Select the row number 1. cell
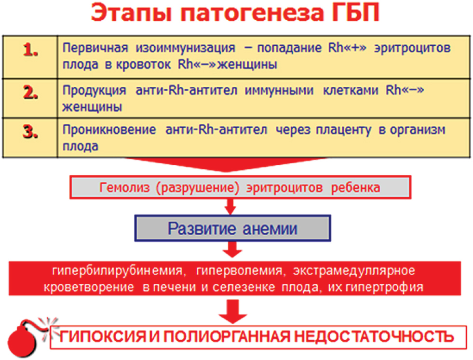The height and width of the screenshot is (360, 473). (30, 57)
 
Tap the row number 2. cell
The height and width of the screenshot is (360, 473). (30, 98)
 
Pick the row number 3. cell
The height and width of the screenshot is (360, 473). (30, 138)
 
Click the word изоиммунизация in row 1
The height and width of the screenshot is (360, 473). (185, 48)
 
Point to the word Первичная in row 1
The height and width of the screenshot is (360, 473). (95, 48)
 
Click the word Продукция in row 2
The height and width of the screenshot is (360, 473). (94, 91)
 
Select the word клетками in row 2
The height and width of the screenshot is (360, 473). (351, 90)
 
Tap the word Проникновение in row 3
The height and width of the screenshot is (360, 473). (109, 130)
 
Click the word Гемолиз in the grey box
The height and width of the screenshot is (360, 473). (124, 187)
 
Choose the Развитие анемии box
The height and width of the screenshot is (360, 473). (232, 228)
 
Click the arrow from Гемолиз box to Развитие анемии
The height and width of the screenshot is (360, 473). (230, 206)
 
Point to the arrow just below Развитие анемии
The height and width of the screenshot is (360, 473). (232, 249)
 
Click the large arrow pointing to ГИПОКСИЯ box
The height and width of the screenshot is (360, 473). (233, 311)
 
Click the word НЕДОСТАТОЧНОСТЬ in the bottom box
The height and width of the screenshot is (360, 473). (374, 337)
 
